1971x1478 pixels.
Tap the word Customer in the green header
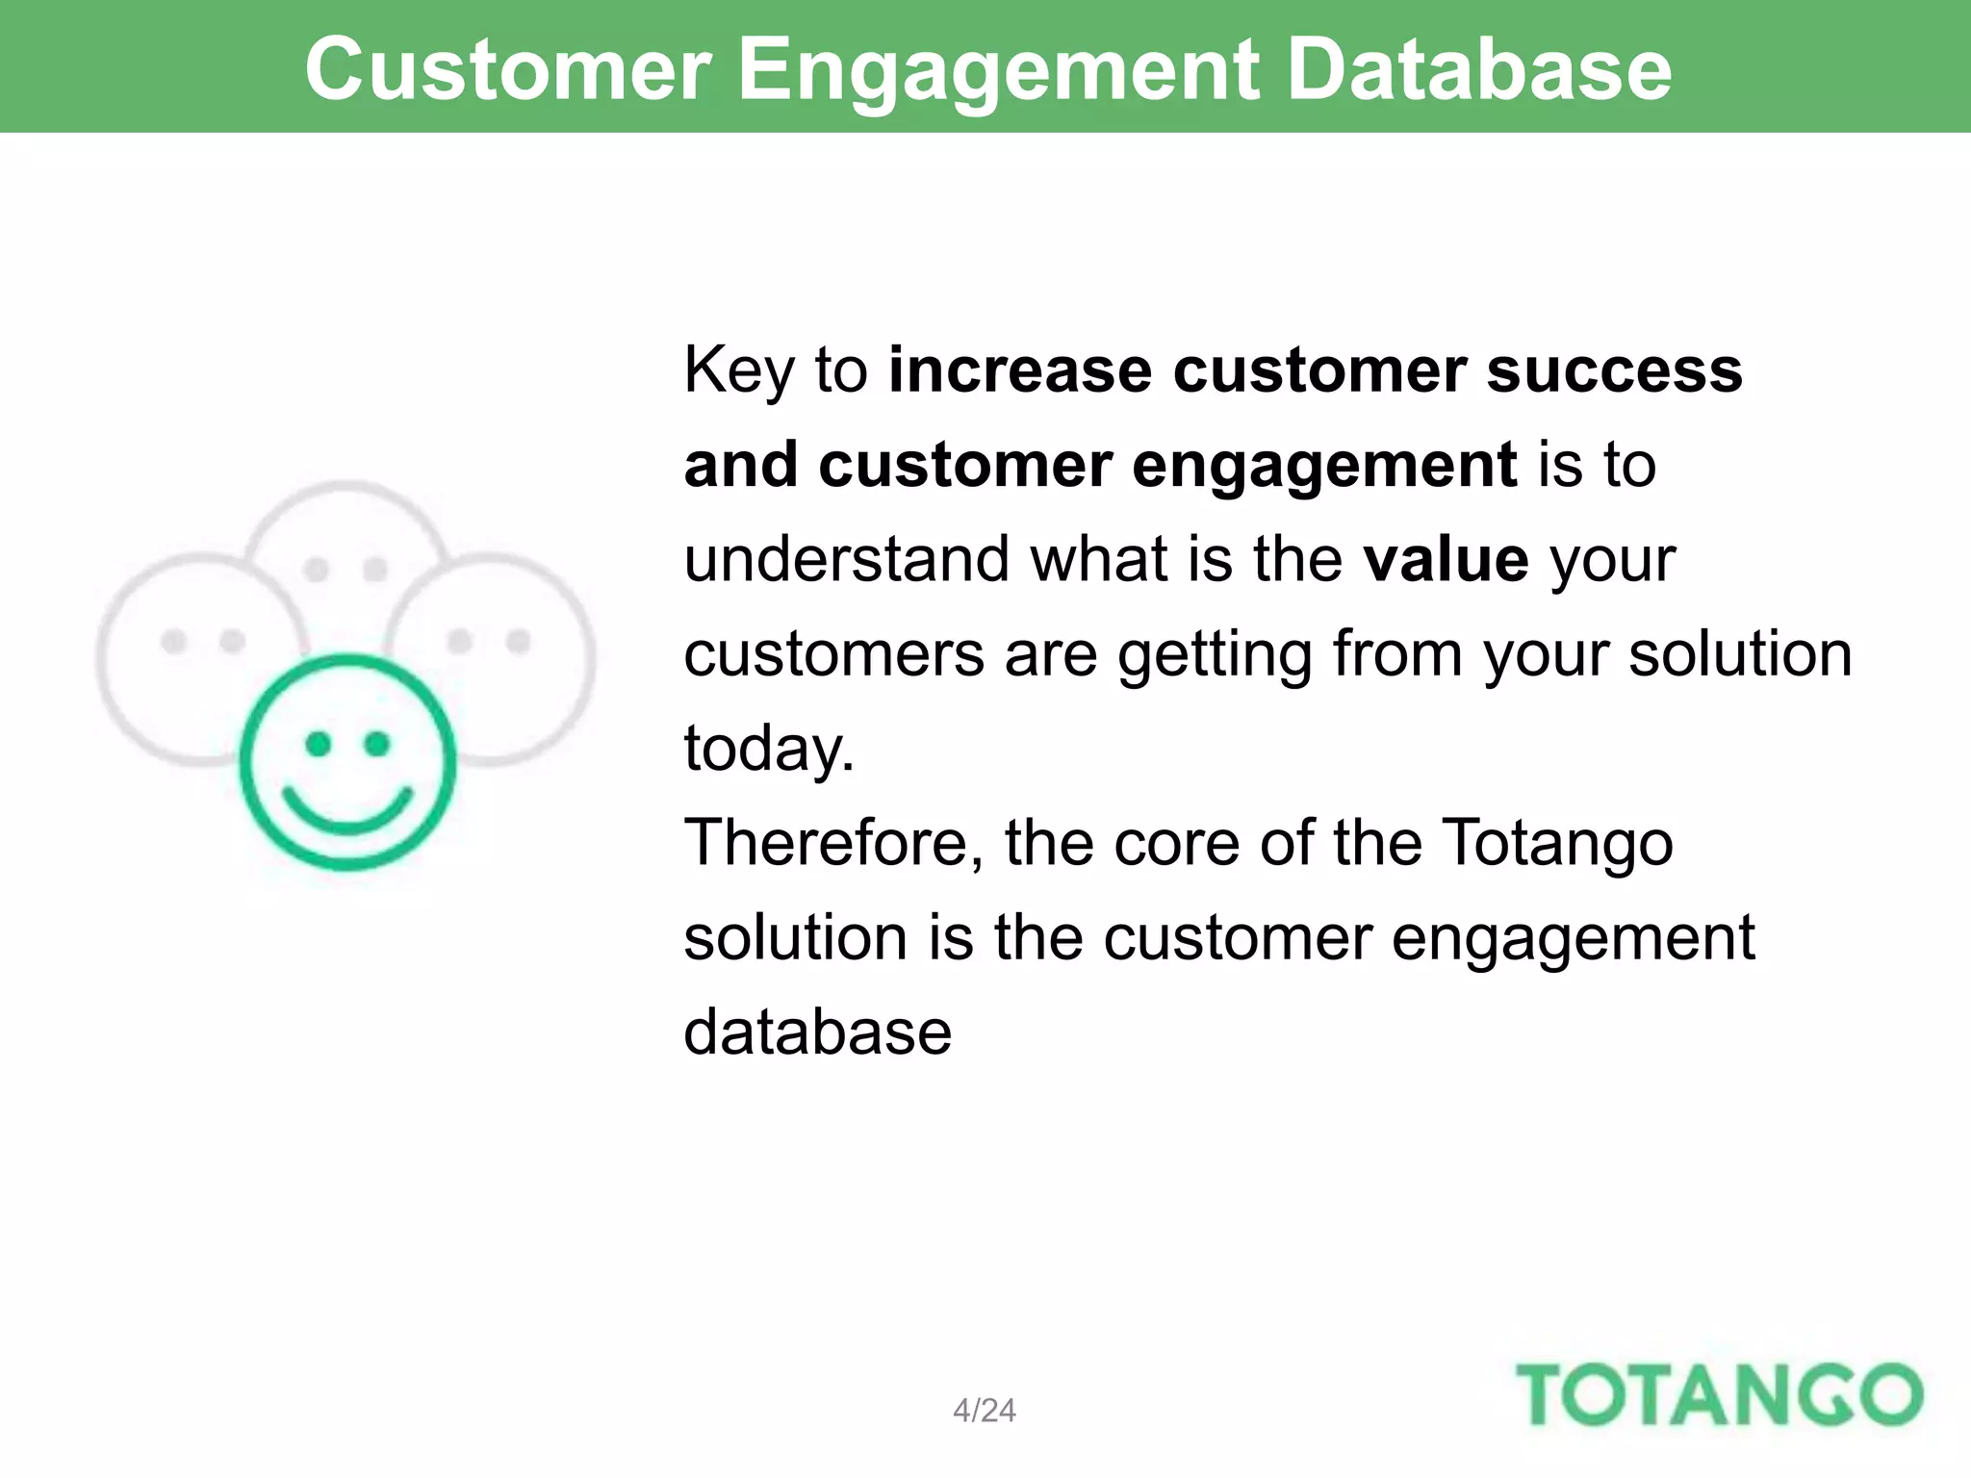508,69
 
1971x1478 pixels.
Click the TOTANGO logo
1719,1395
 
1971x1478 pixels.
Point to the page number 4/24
984,1411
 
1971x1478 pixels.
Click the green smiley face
346,762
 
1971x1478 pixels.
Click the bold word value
1446,560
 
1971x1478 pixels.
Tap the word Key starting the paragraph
739,370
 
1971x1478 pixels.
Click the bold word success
1614,370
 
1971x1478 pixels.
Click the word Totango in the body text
1558,844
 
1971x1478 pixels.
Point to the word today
768,750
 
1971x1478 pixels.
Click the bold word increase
1019,370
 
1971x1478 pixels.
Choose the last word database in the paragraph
817,1032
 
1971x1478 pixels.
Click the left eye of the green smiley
318,743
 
